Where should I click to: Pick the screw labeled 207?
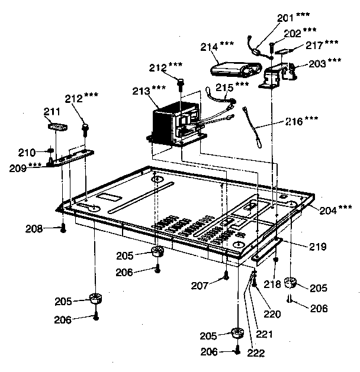tap(226, 276)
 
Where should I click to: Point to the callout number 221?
tap(265, 334)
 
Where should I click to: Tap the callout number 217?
tap(315, 44)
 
